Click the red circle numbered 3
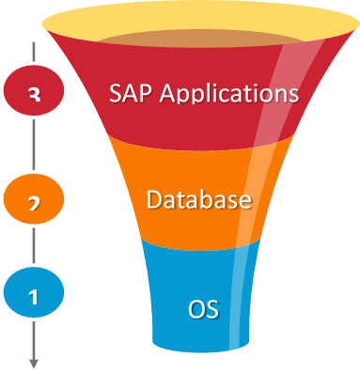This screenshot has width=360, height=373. pyautogui.click(x=34, y=95)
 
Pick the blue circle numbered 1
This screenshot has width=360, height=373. pyautogui.click(x=34, y=295)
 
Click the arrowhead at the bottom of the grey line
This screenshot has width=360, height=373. pyautogui.click(x=34, y=363)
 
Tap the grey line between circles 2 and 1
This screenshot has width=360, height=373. pyautogui.click(x=34, y=246)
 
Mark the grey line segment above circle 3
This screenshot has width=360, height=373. pyautogui.click(x=34, y=52)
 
